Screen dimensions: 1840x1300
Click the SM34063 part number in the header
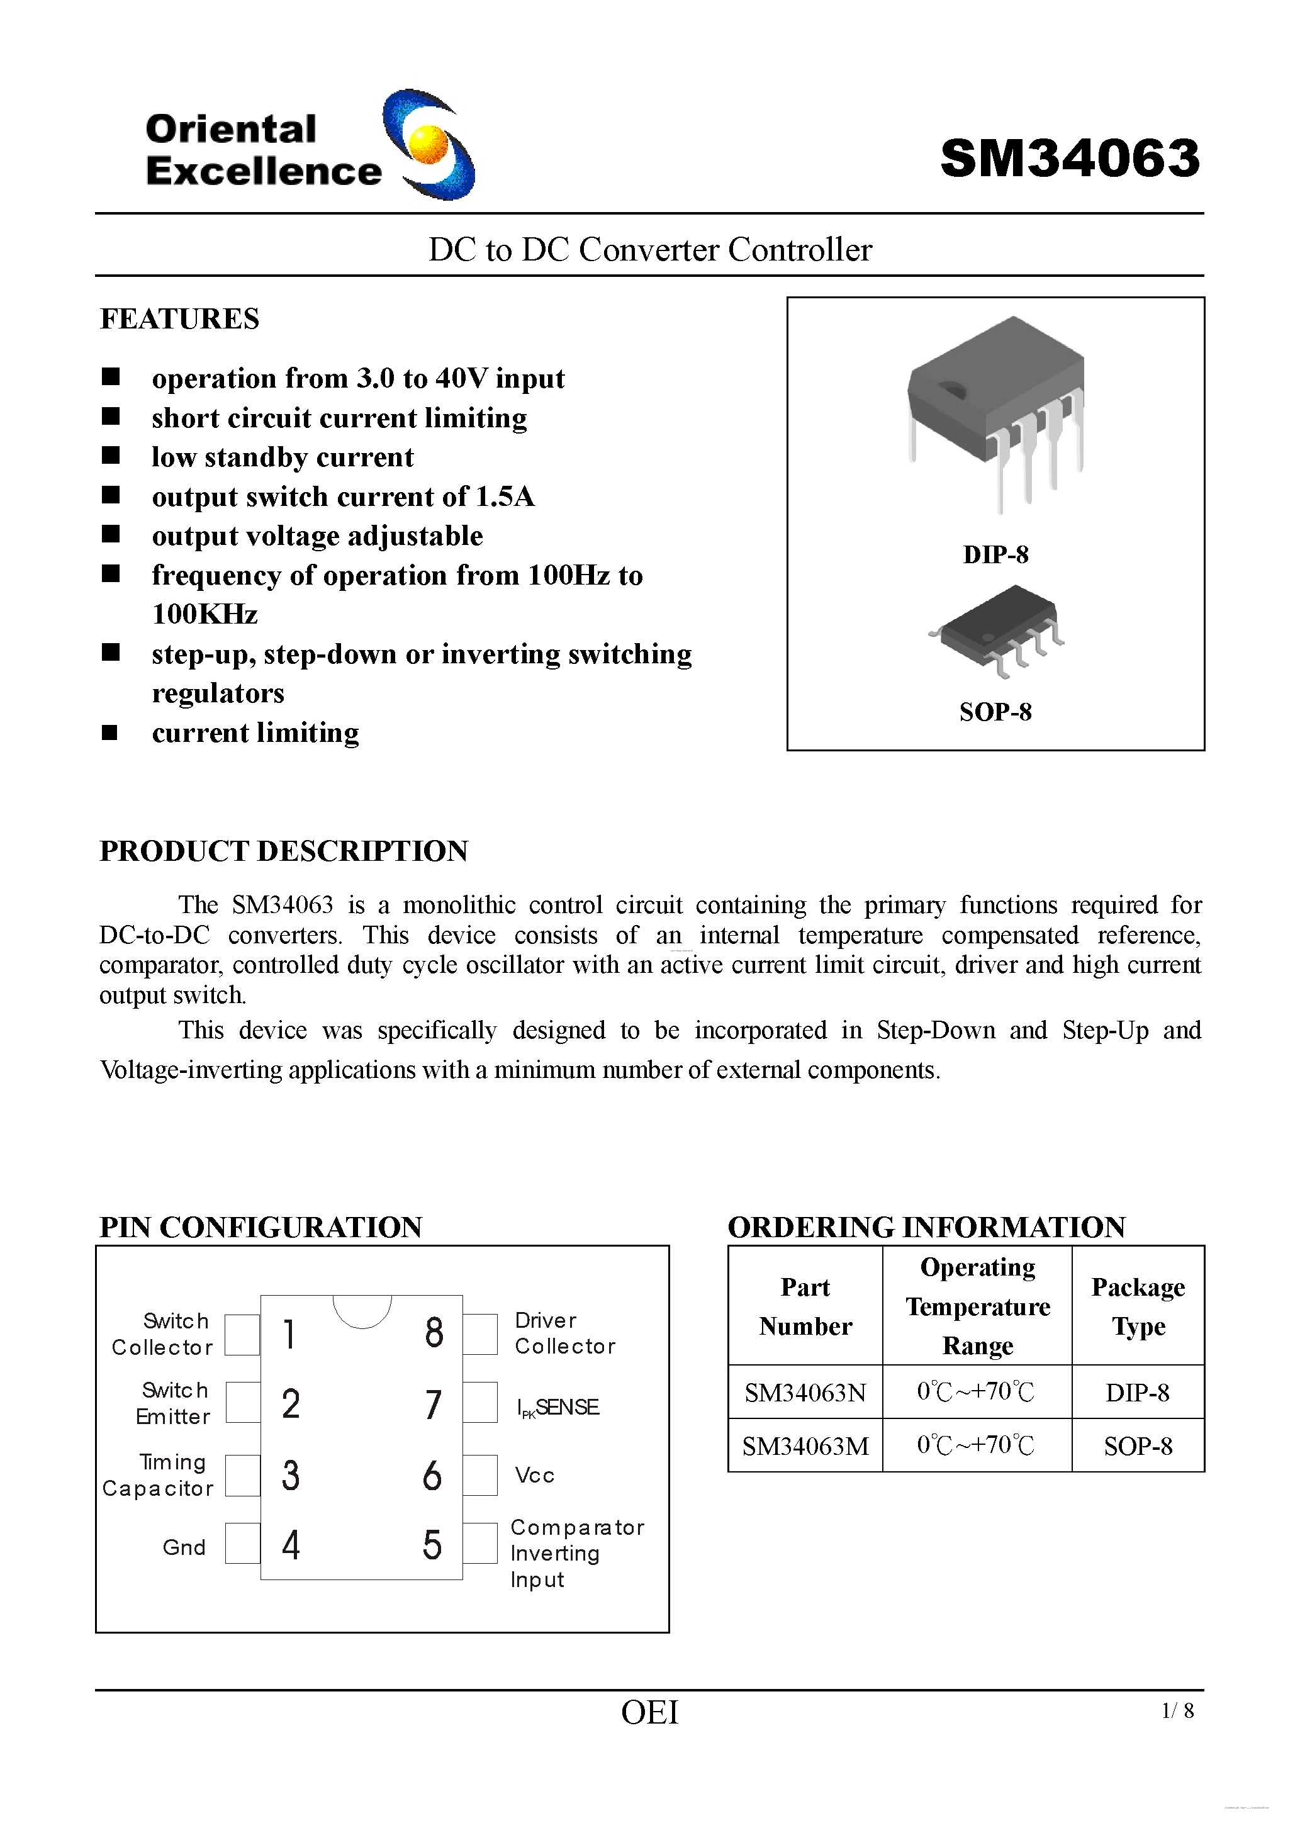[x=1069, y=158]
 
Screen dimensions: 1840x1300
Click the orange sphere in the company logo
[x=428, y=144]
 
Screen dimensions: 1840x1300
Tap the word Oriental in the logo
[x=231, y=129]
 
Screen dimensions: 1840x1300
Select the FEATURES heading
[x=179, y=319]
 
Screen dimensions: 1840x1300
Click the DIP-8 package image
[x=995, y=408]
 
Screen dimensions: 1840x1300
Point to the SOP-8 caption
[x=995, y=712]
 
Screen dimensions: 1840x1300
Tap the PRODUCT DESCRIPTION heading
[x=284, y=851]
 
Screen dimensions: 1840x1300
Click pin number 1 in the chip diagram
[x=289, y=1334]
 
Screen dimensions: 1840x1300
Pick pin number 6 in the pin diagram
[x=432, y=1476]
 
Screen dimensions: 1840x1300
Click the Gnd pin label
[x=184, y=1547]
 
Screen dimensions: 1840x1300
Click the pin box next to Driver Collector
[x=480, y=1334]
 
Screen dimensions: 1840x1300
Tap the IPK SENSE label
[x=558, y=1407]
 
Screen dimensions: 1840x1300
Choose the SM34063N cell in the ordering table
[x=805, y=1393]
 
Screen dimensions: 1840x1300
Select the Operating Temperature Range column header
[x=977, y=1306]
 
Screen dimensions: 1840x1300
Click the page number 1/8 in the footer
[x=1177, y=1711]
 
